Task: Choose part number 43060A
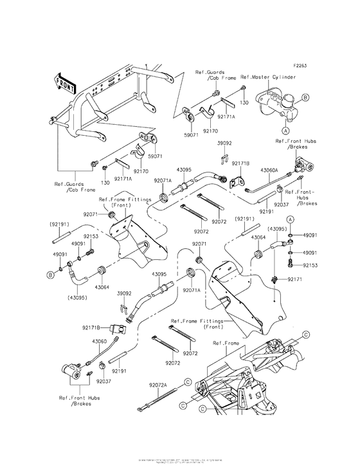(269, 170)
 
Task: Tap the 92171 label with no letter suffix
(294, 279)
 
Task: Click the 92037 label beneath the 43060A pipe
(281, 204)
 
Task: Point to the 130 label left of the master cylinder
(244, 101)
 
